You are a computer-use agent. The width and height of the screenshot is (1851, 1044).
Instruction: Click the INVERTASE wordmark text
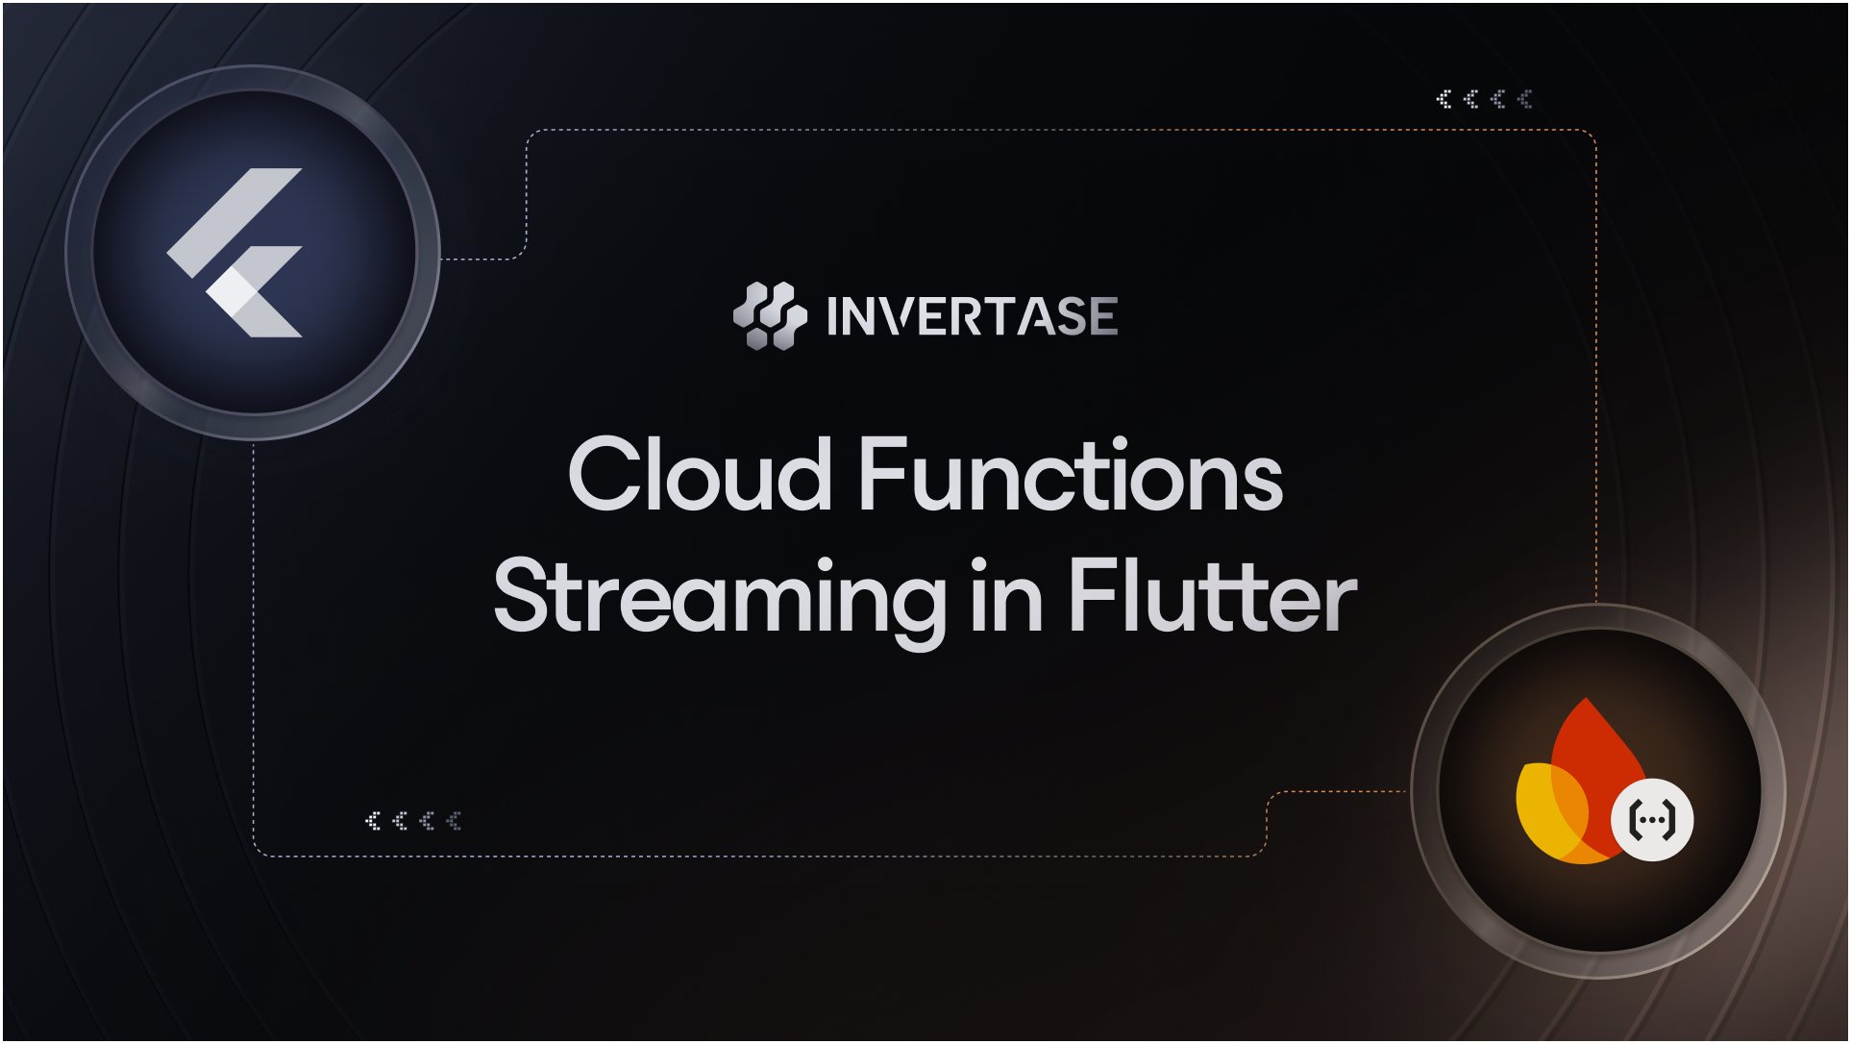pyautogui.click(x=972, y=316)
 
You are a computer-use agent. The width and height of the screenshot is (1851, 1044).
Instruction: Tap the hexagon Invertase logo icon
pyautogui.click(x=770, y=315)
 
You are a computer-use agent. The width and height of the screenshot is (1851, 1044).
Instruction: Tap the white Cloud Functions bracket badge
pyautogui.click(x=1652, y=820)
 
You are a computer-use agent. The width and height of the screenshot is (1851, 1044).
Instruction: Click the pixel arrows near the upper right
pyautogui.click(x=1484, y=99)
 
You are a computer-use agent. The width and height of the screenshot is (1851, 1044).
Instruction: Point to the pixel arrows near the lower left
pyautogui.click(x=413, y=820)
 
